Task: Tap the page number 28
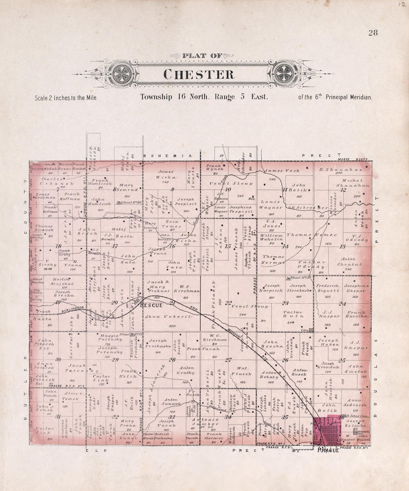click(373, 33)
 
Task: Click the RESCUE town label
click(151, 305)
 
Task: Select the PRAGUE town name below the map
click(328, 451)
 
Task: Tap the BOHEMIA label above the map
click(170, 156)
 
